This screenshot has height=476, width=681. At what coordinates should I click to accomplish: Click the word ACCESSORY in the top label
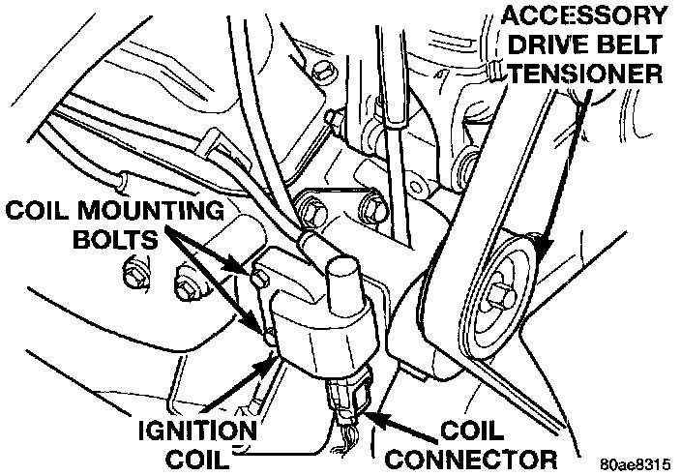[583, 16]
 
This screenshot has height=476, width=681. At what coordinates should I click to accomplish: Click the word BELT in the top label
[634, 45]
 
